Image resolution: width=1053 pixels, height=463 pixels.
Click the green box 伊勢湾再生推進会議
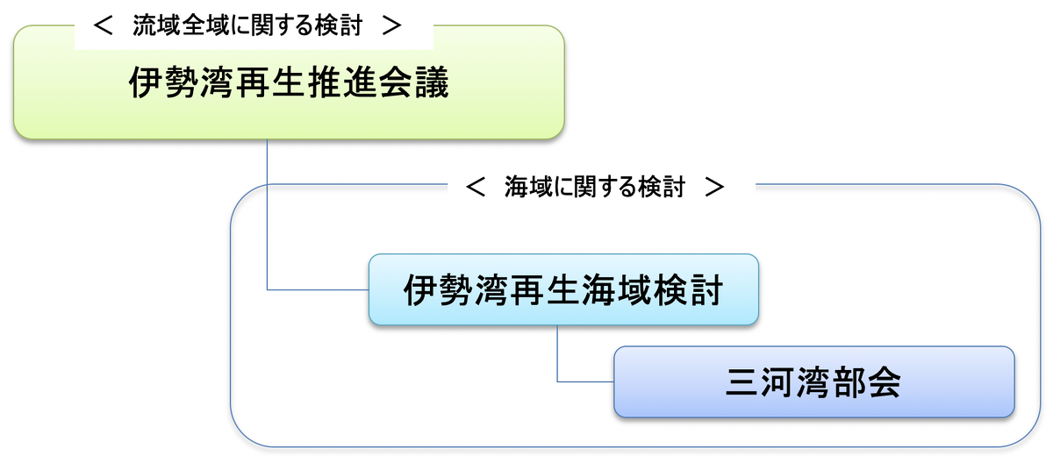(x=289, y=82)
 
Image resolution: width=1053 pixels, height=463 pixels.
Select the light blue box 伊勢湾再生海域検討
(x=563, y=289)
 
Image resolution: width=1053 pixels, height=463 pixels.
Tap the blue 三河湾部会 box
(x=814, y=381)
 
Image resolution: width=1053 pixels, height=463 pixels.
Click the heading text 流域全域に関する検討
(x=247, y=25)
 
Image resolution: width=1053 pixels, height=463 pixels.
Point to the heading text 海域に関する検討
(x=595, y=187)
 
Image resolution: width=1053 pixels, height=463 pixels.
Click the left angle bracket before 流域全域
(x=103, y=25)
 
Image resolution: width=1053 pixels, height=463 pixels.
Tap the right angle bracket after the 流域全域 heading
(x=391, y=25)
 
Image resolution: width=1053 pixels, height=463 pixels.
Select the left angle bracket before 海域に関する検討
(x=476, y=187)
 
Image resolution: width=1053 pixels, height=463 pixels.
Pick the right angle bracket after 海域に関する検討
(x=714, y=187)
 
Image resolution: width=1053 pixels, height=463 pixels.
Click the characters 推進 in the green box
(x=343, y=82)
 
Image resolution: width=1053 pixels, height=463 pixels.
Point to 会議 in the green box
(x=414, y=82)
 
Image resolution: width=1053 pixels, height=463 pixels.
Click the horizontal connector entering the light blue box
(x=318, y=289)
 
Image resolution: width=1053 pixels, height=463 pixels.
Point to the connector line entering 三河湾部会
(x=585, y=381)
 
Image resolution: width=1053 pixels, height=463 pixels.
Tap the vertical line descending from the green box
(x=267, y=214)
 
